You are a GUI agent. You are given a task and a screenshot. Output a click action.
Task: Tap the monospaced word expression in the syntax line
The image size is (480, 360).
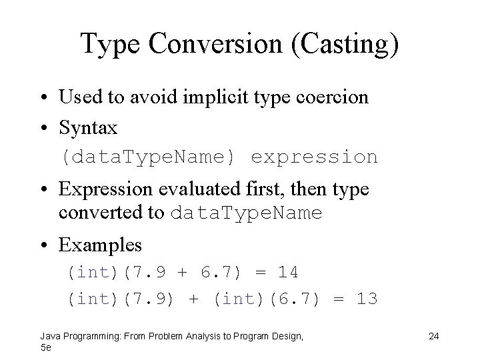(314, 157)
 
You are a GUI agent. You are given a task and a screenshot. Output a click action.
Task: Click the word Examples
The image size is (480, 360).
(100, 245)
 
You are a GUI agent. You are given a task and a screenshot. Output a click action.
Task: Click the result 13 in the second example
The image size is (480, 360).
(367, 299)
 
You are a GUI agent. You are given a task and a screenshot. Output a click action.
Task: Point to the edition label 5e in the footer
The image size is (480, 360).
(45, 347)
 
